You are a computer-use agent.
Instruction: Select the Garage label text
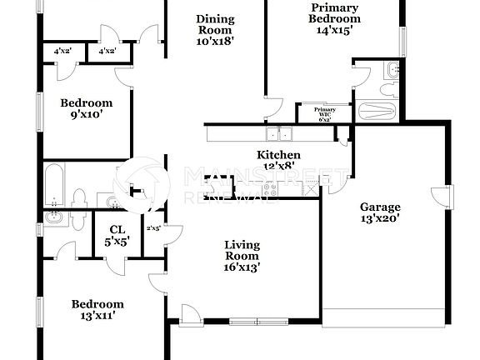click(380, 207)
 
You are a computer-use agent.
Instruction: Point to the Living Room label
click(242, 251)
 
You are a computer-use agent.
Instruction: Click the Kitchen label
click(278, 155)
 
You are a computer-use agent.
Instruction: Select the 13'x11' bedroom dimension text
click(97, 316)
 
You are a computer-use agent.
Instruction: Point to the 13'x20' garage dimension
click(380, 220)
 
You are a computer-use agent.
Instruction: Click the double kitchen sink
click(278, 133)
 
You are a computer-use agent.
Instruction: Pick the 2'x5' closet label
click(153, 227)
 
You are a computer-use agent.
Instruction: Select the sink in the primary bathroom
click(389, 68)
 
